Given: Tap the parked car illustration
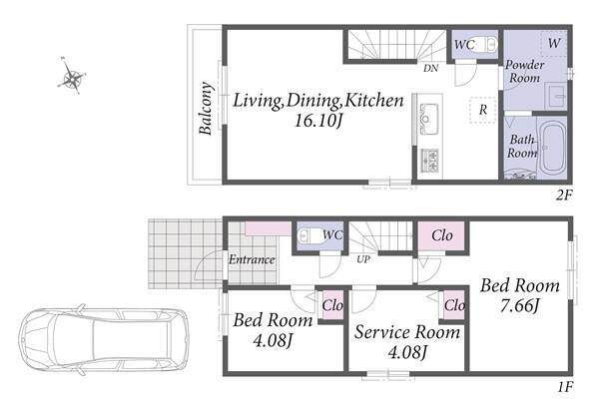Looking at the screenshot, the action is tap(104, 339).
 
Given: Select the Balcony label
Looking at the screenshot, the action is tap(206, 109).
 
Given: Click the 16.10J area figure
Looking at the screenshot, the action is tap(317, 121).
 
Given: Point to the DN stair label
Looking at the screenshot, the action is tap(430, 68).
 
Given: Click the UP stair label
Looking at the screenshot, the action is tap(363, 259).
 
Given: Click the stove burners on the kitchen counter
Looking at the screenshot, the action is tap(429, 161).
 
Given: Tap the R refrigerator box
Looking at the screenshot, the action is tap(483, 110).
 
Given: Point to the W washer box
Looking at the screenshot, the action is tap(554, 43).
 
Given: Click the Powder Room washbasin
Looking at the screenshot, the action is tap(556, 96).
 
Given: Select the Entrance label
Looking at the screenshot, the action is tap(252, 259).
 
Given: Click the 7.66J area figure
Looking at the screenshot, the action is tap(520, 305).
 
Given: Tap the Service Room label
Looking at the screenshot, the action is tap(407, 332).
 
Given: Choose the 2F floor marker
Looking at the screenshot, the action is tap(564, 196).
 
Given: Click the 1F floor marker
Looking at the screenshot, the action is tap(565, 387).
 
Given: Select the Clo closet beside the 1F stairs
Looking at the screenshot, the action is tap(442, 235).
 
